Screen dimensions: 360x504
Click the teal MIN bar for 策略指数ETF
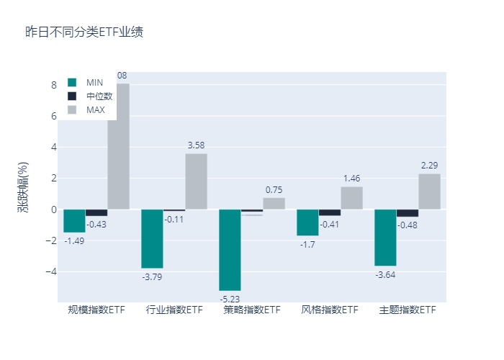pos(230,250)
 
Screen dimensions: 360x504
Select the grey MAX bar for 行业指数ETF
pos(196,181)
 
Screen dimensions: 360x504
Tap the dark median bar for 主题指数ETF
pos(408,213)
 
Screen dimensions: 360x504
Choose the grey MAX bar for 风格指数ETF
pos(351,198)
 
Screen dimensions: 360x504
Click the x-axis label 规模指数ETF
pos(96,310)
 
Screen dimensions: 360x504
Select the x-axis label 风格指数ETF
pos(330,310)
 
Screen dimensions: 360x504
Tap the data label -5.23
pos(230,298)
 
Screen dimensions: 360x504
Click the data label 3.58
pos(196,145)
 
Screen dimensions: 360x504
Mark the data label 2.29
pos(429,166)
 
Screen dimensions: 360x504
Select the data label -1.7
pos(307,244)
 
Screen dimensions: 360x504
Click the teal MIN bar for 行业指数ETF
pos(152,238)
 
